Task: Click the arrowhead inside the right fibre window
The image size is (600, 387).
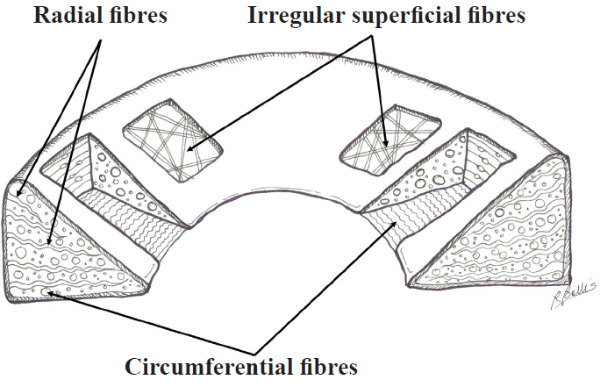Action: [x=386, y=143]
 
